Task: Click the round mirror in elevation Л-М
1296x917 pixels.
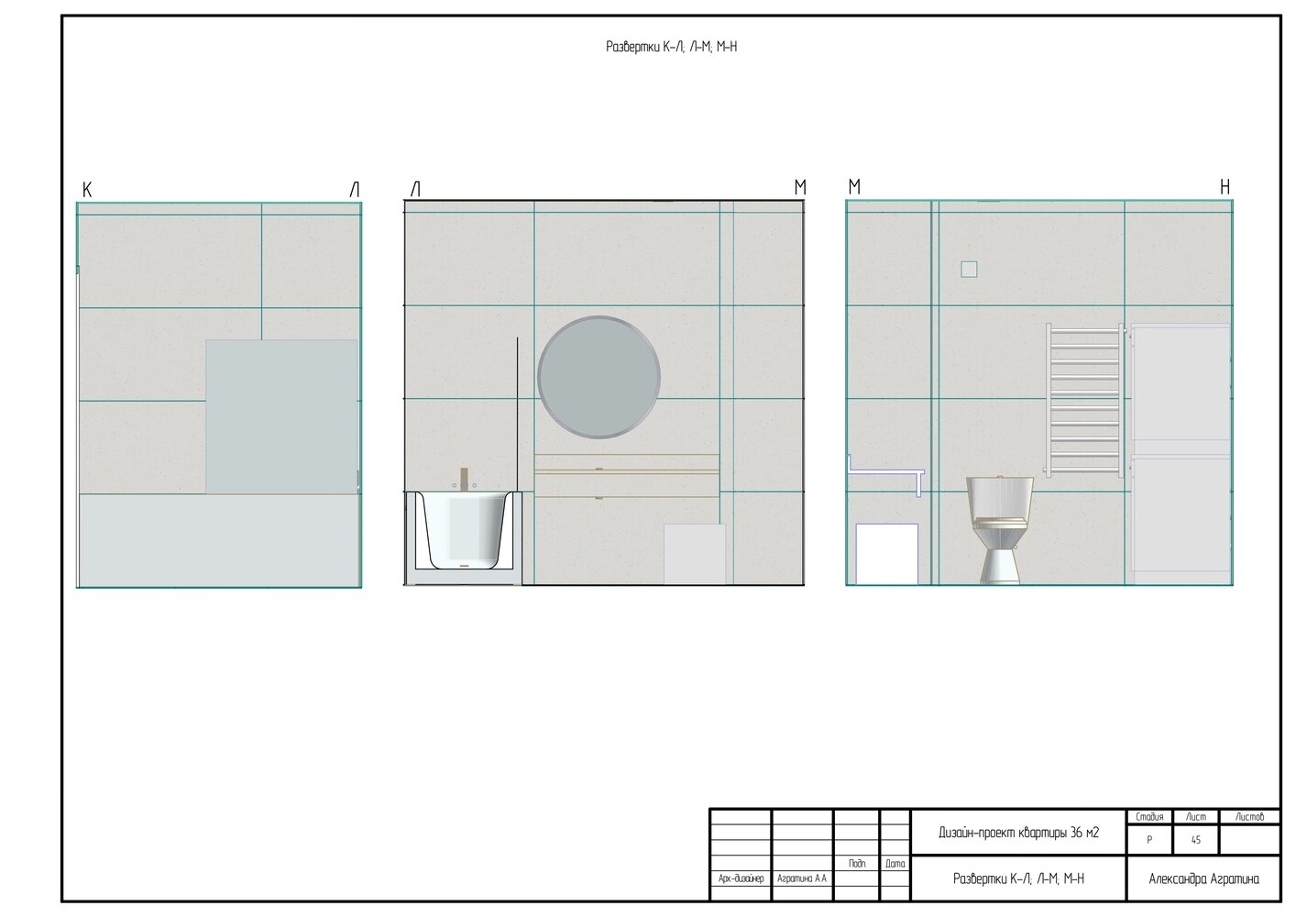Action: point(599,377)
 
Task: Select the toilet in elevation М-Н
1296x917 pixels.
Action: point(1000,530)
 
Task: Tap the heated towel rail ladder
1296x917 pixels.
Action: point(1085,400)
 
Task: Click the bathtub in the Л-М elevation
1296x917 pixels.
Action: point(463,530)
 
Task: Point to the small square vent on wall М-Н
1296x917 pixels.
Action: point(969,270)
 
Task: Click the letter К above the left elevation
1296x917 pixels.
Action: point(87,190)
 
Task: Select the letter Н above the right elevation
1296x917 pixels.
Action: point(1225,187)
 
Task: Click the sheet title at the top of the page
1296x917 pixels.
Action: point(672,47)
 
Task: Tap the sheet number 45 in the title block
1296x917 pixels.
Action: point(1196,840)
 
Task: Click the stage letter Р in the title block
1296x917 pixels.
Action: point(1149,840)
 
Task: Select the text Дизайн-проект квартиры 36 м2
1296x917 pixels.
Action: point(1018,833)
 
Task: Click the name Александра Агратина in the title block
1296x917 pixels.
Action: point(1203,879)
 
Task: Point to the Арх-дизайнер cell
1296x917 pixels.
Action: point(741,878)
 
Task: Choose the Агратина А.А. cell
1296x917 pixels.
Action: point(802,878)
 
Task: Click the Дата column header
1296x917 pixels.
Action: point(895,864)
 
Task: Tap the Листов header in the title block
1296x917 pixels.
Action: point(1250,817)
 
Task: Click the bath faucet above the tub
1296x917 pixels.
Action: point(464,479)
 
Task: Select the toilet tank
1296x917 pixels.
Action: point(1000,497)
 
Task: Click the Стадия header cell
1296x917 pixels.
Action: point(1149,817)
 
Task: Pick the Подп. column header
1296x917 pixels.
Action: point(858,864)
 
